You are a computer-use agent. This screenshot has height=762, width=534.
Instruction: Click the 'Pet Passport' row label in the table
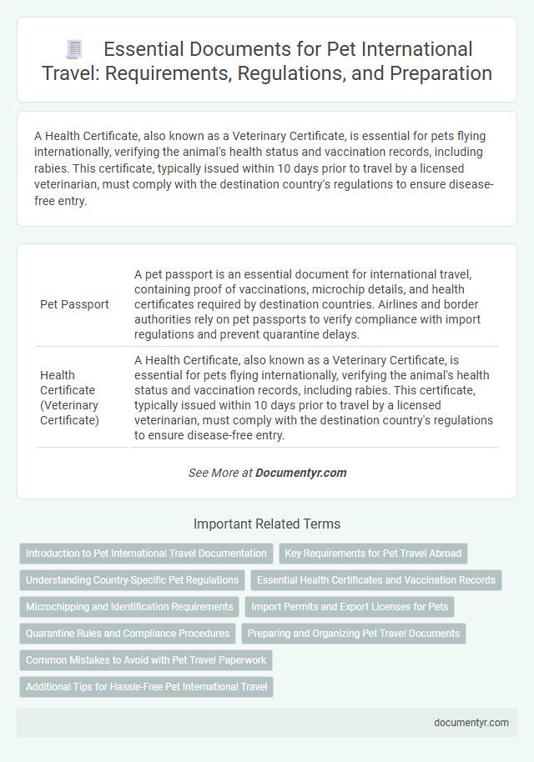74,304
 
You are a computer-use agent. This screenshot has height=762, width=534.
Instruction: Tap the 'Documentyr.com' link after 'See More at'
300,473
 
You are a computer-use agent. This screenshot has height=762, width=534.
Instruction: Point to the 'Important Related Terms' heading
267,524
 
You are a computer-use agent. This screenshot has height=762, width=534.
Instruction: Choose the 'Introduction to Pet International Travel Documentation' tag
146,553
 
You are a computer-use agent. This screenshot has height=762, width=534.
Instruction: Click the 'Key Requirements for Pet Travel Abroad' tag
373,553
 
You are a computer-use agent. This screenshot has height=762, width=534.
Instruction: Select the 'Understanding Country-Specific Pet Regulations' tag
132,579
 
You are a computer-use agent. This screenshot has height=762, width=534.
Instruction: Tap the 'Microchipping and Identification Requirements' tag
129,606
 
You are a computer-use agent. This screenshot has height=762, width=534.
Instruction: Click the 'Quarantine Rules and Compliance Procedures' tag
128,633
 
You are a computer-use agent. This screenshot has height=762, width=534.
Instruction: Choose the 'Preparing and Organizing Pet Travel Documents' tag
354,633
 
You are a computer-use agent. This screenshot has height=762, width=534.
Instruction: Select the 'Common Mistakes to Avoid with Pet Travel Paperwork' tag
146,659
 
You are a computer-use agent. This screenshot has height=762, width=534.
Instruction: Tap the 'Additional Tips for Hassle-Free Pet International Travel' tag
146,686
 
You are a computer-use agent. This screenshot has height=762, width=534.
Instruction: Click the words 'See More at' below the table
220,473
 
